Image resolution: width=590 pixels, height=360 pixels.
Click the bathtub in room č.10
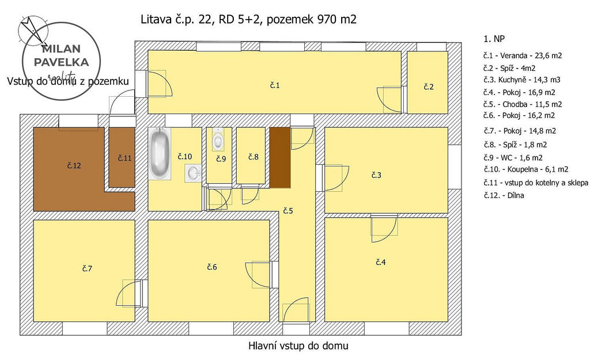tap(160, 154)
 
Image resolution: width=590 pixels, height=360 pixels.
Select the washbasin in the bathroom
tap(193, 173)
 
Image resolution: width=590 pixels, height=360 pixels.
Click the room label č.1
tap(275, 85)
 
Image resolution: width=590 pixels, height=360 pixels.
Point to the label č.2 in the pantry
tap(429, 87)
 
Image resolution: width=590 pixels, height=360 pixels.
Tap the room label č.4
tap(381, 262)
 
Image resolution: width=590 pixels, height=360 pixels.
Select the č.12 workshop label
tap(74, 165)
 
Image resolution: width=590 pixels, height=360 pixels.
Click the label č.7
tap(87, 268)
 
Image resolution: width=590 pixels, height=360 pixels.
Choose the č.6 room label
tap(212, 267)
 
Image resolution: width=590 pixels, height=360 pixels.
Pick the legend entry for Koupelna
tap(526, 169)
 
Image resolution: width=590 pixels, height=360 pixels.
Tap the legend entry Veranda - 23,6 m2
tap(523, 56)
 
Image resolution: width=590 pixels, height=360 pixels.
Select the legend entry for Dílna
tap(504, 195)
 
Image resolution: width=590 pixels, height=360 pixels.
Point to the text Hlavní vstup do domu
tap(298, 346)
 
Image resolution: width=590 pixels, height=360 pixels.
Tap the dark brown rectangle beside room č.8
tap(281, 158)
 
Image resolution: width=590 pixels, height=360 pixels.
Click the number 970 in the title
tap(328, 19)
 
